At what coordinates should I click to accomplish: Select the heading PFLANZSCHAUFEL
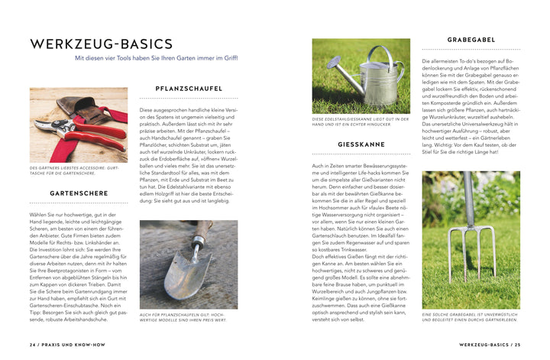tap(188, 89)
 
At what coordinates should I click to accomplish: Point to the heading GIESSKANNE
tap(361, 144)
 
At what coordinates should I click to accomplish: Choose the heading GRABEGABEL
tap(471, 39)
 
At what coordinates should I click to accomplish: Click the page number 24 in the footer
tap(34, 345)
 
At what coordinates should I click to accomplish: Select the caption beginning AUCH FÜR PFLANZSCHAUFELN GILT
tap(188, 316)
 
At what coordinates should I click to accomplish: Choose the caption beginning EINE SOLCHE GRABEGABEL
tap(471, 316)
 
